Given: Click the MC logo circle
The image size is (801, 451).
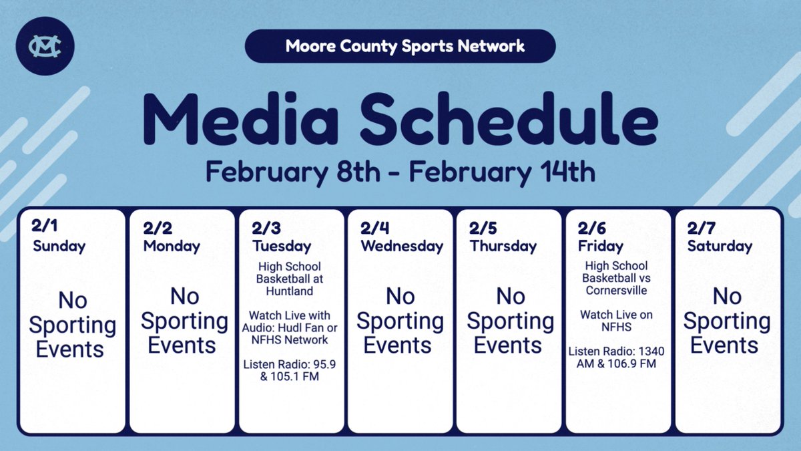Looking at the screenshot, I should pyautogui.click(x=46, y=47).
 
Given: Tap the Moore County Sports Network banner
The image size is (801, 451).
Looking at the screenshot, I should pyautogui.click(x=400, y=46).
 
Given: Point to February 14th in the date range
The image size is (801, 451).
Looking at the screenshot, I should pyautogui.click(x=501, y=172).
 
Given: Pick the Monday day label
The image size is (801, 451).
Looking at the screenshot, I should pyautogui.click(x=172, y=246).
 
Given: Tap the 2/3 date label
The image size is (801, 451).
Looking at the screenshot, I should pyautogui.click(x=266, y=228).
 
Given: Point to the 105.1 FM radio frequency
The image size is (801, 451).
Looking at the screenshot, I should pyautogui.click(x=298, y=376).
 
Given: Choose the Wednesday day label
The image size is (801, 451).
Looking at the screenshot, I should pyautogui.click(x=402, y=246).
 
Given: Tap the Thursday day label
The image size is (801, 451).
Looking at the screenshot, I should pyautogui.click(x=503, y=246).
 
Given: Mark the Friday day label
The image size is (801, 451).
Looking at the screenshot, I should pyautogui.click(x=600, y=246).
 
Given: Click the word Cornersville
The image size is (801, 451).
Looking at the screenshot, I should pyautogui.click(x=617, y=290).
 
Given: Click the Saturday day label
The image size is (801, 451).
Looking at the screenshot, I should pyautogui.click(x=720, y=246).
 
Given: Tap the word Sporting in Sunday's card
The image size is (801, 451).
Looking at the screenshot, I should pyautogui.click(x=72, y=325).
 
